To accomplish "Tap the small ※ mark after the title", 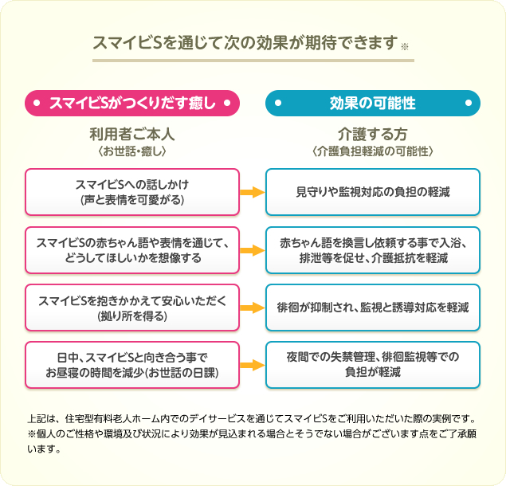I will [x=404, y=47].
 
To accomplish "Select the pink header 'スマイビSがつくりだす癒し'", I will [x=132, y=102].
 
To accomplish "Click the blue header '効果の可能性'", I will [x=372, y=102].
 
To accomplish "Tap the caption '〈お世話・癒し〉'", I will [x=132, y=150].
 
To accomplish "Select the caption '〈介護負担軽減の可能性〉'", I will [x=372, y=150].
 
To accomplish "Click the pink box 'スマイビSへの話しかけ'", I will [x=132, y=192].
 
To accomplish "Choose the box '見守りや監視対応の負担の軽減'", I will [x=372, y=192].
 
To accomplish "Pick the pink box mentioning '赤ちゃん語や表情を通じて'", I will [x=132, y=249].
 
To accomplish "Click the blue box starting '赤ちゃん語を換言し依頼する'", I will [x=372, y=249].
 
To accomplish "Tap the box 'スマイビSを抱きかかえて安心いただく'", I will [x=132, y=308].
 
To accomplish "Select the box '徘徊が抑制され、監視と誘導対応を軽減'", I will [x=372, y=308].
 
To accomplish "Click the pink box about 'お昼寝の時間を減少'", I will [x=132, y=365].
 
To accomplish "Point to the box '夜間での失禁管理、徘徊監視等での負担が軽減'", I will [x=372, y=365].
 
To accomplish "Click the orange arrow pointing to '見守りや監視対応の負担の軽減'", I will [x=252, y=192].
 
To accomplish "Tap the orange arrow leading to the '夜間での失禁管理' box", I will [x=252, y=365].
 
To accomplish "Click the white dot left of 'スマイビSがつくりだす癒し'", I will [x=37, y=103].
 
